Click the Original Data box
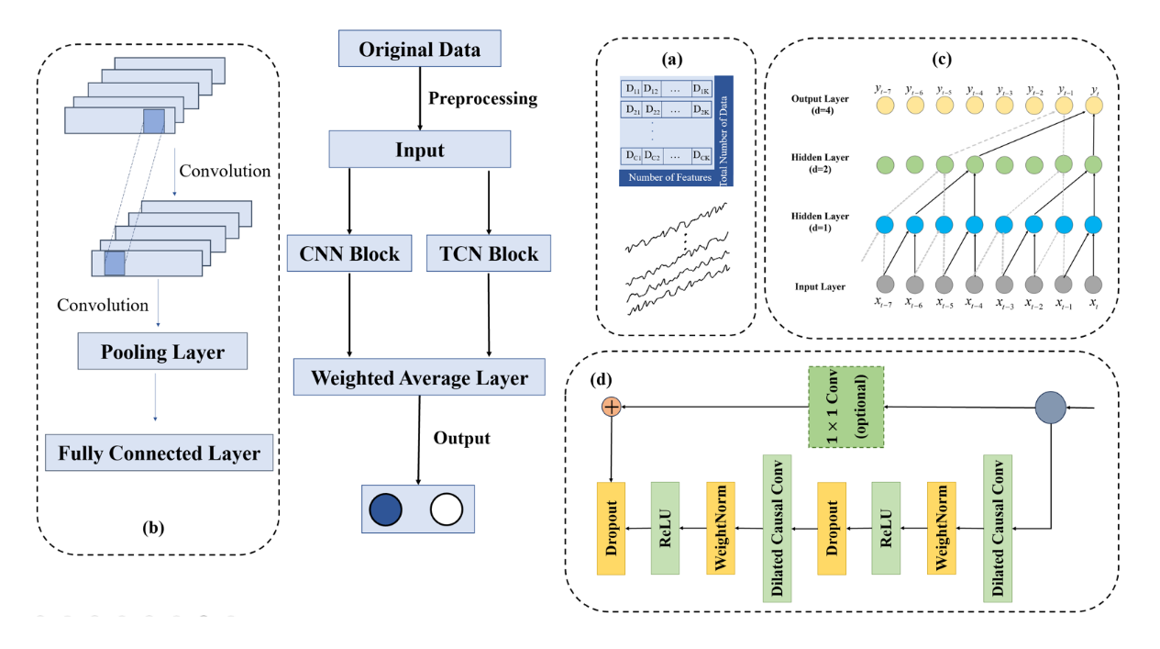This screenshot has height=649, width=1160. [419, 49]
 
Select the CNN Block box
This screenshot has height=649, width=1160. [350, 252]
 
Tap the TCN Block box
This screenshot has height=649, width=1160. [489, 252]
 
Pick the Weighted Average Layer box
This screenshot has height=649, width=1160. [419, 377]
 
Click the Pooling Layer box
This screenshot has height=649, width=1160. [163, 352]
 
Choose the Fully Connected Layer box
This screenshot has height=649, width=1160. [160, 453]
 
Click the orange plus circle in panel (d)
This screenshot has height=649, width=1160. [611, 407]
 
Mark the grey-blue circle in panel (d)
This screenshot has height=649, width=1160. [1051, 407]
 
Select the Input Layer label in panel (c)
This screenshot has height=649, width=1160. [819, 287]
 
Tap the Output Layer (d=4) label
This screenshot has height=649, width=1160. [818, 104]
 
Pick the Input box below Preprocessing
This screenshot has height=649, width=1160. [419, 149]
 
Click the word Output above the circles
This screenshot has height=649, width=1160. [461, 438]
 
